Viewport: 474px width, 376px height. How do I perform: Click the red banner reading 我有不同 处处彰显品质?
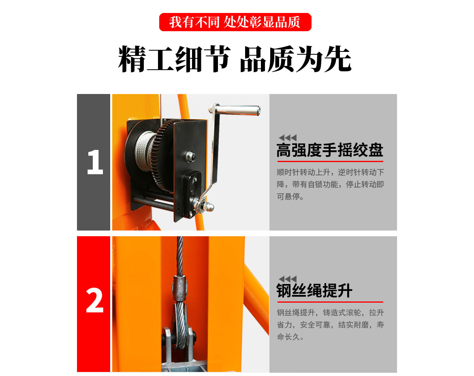pyautogui.click(x=235, y=22)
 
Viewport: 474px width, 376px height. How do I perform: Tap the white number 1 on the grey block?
pyautogui.click(x=94, y=162)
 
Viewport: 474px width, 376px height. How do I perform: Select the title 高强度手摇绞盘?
pyautogui.click(x=329, y=150)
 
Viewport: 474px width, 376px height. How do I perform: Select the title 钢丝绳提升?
pyautogui.click(x=314, y=291)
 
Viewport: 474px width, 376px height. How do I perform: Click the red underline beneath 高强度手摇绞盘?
pyautogui.click(x=329, y=161)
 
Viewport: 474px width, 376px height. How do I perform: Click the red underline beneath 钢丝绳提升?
pyautogui.click(x=329, y=302)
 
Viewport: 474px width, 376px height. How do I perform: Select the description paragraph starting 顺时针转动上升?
pyautogui.click(x=330, y=184)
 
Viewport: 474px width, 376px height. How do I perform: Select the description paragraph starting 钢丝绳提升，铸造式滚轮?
pyautogui.click(x=330, y=325)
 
